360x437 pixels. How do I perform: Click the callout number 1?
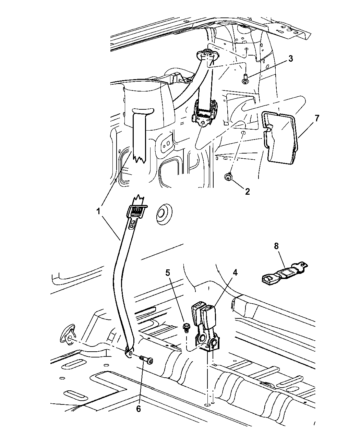(98, 212)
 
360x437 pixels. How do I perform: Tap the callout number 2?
(247, 192)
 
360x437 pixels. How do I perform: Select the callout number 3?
(290, 59)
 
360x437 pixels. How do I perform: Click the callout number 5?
(168, 273)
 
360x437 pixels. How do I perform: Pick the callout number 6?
(139, 409)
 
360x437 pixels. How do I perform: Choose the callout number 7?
(317, 119)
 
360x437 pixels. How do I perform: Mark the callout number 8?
(276, 246)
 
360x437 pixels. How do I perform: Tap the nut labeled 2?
(228, 177)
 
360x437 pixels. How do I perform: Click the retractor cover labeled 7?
(279, 137)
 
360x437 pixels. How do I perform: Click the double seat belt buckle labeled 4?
(205, 328)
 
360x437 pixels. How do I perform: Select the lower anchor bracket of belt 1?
(129, 352)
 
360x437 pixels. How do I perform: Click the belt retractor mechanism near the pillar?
(204, 113)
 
